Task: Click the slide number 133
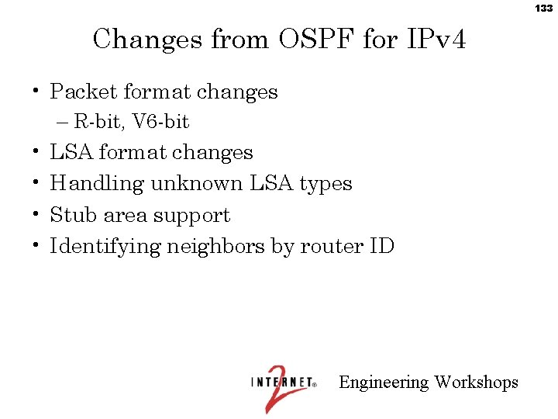[543, 9]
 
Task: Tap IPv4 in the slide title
[436, 38]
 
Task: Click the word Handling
[97, 184]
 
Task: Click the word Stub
[71, 215]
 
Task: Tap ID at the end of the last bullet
[381, 247]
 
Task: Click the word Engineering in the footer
[384, 383]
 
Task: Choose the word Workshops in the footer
[477, 383]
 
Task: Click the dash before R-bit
[63, 122]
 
